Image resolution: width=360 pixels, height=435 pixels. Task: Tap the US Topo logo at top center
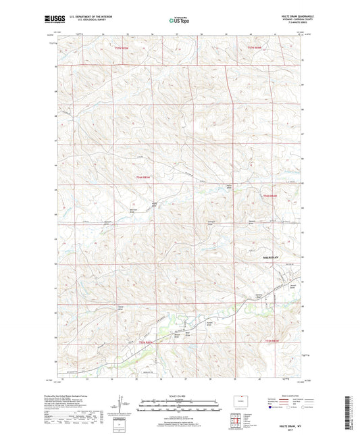click(178, 21)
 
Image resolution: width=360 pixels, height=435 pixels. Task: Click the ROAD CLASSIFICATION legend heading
click(278, 394)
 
